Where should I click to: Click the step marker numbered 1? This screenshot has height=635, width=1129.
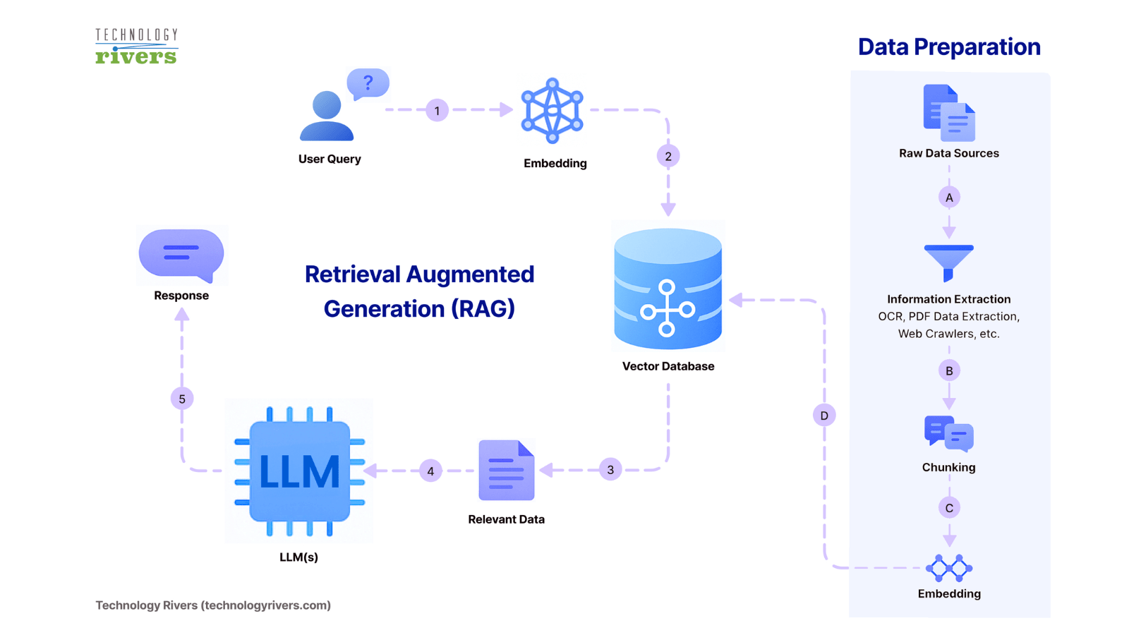(x=437, y=110)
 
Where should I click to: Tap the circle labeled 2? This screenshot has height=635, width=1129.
(x=668, y=156)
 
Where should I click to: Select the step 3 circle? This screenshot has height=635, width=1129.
(x=610, y=469)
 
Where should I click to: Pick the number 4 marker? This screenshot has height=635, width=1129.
(x=430, y=471)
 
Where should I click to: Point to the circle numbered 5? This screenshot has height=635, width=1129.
(x=182, y=399)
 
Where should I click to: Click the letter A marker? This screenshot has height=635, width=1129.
(x=949, y=198)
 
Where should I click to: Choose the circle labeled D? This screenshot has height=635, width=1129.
(x=824, y=416)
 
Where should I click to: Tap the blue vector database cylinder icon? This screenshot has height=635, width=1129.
(x=668, y=289)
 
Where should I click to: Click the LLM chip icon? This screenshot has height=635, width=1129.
(x=299, y=471)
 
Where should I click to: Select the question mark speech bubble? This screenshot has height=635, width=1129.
(x=368, y=83)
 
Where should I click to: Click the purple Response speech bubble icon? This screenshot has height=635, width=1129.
(x=181, y=254)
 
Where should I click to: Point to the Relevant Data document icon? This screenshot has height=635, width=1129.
(x=506, y=470)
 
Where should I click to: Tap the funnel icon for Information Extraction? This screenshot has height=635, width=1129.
(x=948, y=261)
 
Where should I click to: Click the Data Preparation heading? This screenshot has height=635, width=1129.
(x=948, y=47)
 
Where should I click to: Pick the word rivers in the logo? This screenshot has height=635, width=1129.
(x=136, y=56)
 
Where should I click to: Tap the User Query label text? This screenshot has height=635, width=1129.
(x=330, y=159)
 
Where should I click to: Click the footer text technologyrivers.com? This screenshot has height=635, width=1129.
(x=267, y=605)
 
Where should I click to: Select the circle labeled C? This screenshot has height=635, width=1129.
(x=949, y=508)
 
